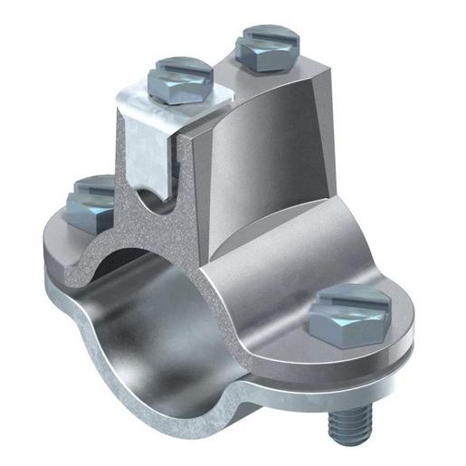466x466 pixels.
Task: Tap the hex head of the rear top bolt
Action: click(x=264, y=56)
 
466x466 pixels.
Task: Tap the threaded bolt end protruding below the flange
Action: click(x=364, y=423)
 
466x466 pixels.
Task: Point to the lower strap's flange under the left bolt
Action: click(x=72, y=262)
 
